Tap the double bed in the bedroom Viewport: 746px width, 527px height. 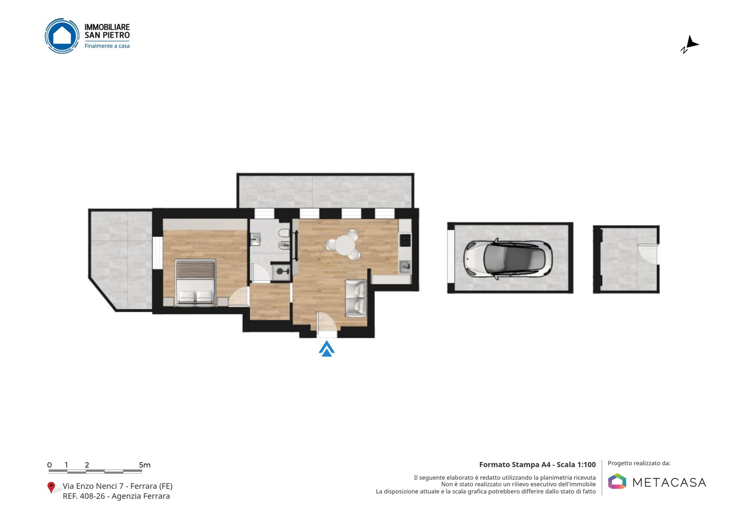tap(195, 282)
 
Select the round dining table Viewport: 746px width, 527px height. tap(345, 245)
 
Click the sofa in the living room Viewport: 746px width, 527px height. tap(356, 298)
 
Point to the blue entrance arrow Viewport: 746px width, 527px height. tap(327, 348)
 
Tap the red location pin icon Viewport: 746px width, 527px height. tap(51, 488)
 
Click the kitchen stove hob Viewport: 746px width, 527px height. tap(405, 240)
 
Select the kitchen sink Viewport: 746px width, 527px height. tap(405, 267)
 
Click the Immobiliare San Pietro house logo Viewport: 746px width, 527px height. tap(62, 36)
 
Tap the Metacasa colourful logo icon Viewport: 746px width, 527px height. tap(617, 481)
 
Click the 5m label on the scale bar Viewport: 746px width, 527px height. tap(145, 465)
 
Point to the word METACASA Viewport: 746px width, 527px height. tap(669, 483)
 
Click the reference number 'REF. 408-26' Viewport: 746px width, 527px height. tap(84, 496)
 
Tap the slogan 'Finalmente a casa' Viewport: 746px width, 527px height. tap(107, 46)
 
